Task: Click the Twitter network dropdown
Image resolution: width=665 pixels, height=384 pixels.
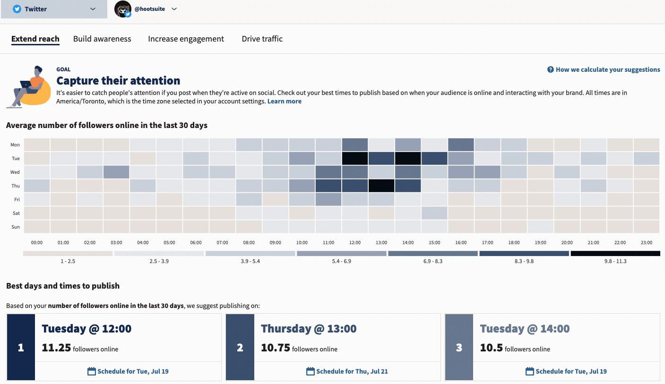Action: point(54,9)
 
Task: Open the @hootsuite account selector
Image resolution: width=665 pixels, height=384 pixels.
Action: point(146,9)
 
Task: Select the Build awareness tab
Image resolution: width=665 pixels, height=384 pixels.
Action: point(102,39)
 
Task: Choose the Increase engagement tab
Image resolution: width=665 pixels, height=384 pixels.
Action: point(186,39)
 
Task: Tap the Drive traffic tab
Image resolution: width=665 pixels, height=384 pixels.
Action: point(262,39)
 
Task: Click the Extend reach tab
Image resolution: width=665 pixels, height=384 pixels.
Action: point(35,39)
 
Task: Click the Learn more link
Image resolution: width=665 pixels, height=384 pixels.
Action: point(284,101)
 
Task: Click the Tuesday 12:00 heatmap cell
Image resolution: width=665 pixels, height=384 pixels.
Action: point(354,158)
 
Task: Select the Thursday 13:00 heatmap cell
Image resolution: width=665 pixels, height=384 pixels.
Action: point(381,186)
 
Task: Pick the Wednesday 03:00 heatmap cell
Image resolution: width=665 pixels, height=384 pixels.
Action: point(116,172)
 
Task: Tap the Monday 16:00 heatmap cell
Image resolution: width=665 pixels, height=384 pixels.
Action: point(460,145)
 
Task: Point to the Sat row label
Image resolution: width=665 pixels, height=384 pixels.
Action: point(16,213)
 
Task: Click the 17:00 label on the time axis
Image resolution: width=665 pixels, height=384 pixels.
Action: point(487,242)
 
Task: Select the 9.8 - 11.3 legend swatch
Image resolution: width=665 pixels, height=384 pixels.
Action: point(615,254)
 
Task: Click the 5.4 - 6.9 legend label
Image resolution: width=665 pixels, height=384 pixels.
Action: point(341,261)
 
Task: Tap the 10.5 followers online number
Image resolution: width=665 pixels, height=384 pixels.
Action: point(491,348)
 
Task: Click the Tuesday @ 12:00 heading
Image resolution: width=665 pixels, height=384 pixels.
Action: point(86,328)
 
